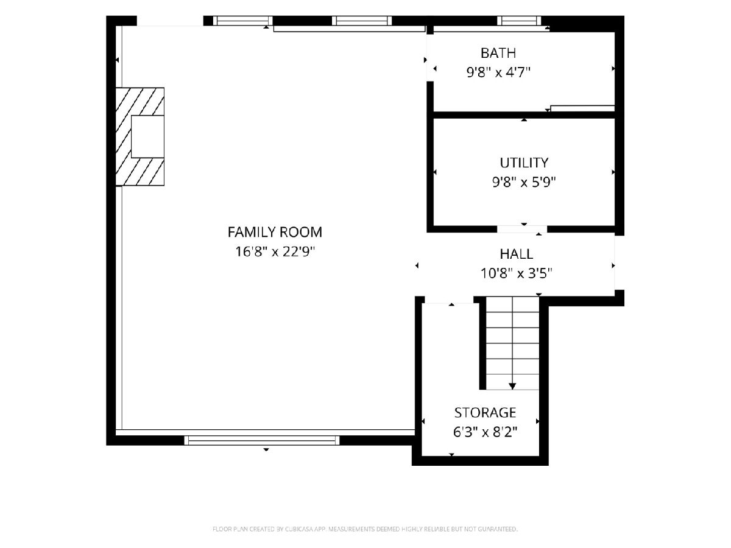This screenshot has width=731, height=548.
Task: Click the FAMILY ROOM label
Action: (x=275, y=232)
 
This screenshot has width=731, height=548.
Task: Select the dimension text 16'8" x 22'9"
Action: (x=275, y=251)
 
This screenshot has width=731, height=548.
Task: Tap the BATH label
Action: (x=498, y=53)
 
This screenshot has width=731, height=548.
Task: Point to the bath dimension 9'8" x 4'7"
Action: (x=498, y=72)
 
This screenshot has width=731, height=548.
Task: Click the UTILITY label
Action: (x=524, y=163)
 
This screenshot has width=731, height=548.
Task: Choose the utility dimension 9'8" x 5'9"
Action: (x=524, y=182)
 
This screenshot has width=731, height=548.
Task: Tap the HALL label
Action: (x=516, y=254)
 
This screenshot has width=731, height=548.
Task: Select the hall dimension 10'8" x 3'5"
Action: (x=516, y=273)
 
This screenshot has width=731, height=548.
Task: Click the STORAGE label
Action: (x=486, y=413)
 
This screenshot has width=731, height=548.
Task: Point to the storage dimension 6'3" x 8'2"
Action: (x=486, y=432)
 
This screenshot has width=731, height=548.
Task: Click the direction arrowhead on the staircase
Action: (x=512, y=386)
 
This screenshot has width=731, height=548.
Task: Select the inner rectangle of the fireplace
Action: (x=147, y=136)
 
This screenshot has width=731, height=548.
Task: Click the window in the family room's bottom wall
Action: (x=262, y=440)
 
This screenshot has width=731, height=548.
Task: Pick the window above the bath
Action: (x=519, y=21)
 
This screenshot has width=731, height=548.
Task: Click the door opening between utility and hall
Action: (x=522, y=230)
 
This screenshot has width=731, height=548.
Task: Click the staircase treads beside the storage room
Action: (x=512, y=343)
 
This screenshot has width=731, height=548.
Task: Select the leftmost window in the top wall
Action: (x=243, y=21)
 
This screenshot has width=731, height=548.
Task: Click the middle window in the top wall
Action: (x=362, y=21)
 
